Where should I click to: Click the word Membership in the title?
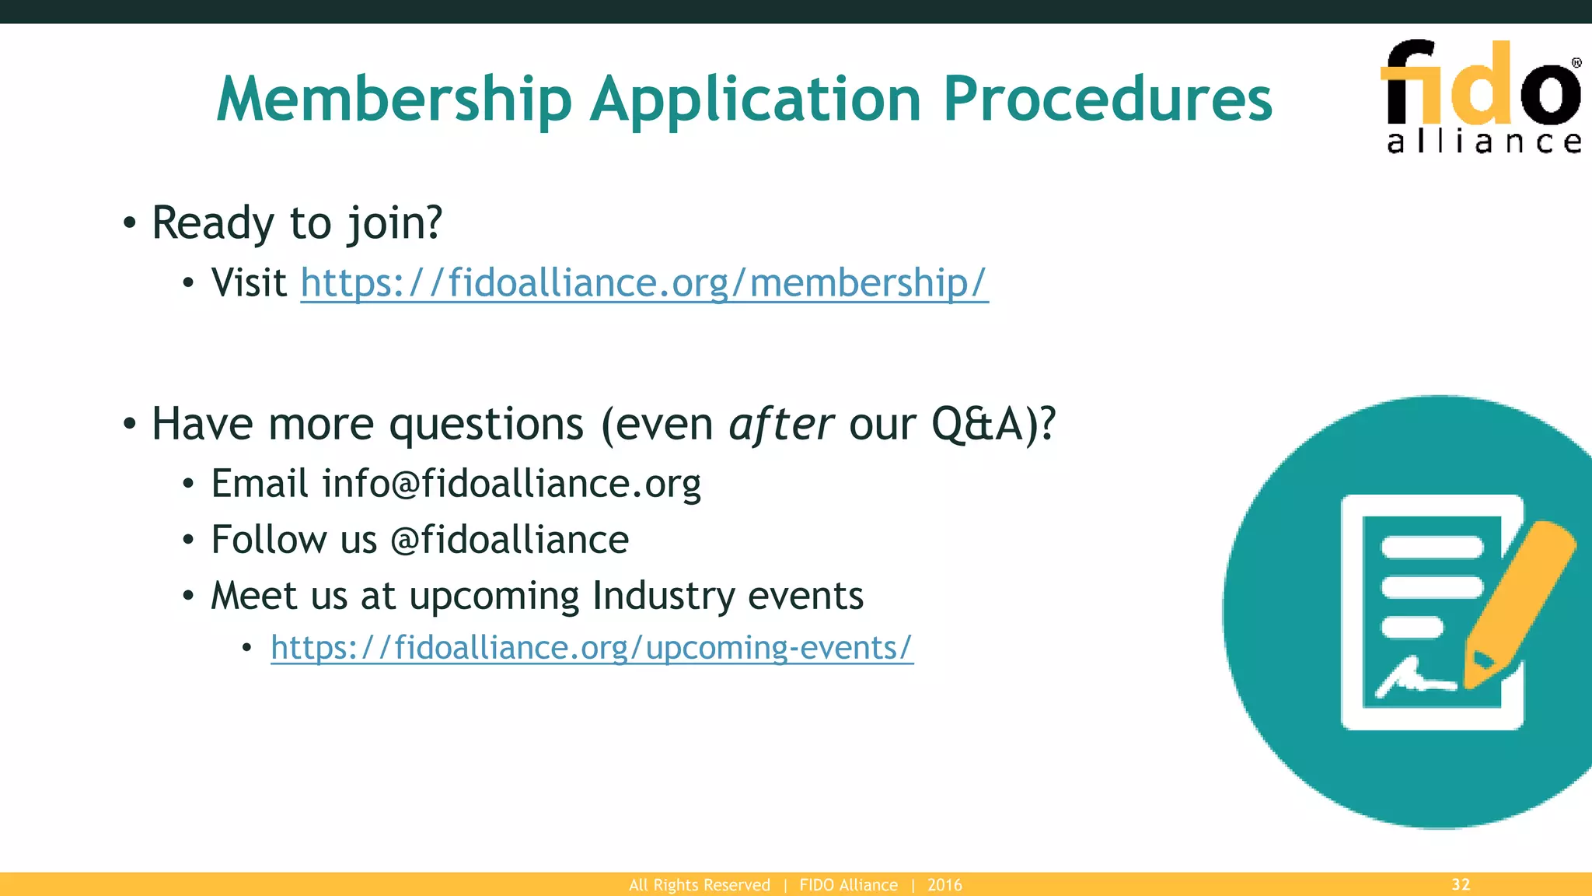394,100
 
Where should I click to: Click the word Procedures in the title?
1107,100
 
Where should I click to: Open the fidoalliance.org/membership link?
644,282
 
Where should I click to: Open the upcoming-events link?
592,647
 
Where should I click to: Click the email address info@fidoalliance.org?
511,484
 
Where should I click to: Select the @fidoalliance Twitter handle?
509,540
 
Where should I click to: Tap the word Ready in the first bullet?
212,223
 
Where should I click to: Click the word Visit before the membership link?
249,282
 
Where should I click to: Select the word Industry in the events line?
662,597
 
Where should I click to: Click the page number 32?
1461,884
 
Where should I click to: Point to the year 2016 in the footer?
944,885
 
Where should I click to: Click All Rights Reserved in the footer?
699,885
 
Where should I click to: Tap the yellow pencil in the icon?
1520,599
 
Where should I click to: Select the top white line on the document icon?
1431,548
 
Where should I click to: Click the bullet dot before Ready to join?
130,224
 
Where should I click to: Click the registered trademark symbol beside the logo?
1576,63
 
